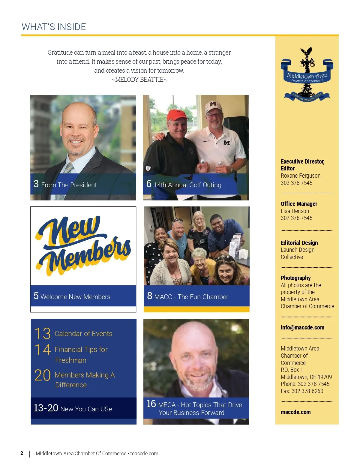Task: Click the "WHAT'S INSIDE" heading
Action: click(54, 27)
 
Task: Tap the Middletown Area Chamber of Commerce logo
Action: click(307, 75)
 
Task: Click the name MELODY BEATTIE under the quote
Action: click(139, 80)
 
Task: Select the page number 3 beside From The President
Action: click(36, 184)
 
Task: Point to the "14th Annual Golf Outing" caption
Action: click(187, 185)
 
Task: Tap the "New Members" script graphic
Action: click(83, 245)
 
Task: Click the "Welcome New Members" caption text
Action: click(75, 297)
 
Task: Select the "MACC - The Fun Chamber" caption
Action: click(191, 297)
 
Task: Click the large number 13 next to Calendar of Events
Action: click(42, 333)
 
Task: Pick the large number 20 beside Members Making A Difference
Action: click(42, 375)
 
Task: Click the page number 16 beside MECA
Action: click(151, 404)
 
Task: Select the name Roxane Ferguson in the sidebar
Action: click(300, 176)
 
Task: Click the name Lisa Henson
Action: click(295, 211)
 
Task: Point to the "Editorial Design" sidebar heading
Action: click(299, 243)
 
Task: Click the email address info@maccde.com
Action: click(302, 327)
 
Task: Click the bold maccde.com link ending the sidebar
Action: click(295, 412)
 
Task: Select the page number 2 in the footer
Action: click(22, 453)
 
